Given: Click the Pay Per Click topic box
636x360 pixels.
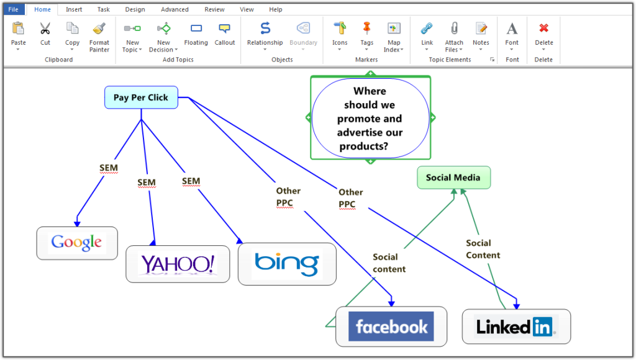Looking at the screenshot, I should [x=141, y=97].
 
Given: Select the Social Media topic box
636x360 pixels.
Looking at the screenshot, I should [x=453, y=178].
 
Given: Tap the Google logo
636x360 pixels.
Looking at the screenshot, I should [x=77, y=242].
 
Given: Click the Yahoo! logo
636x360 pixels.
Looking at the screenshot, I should [x=178, y=264].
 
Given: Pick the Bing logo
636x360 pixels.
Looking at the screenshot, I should [x=286, y=264].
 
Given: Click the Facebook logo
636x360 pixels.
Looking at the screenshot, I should [x=391, y=326].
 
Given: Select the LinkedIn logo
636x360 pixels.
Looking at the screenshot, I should [x=516, y=326].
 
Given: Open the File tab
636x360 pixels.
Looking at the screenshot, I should [x=13, y=9].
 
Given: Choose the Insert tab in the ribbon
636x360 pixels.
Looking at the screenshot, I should [x=74, y=9].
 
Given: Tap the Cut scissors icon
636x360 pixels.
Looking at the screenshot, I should [x=45, y=29].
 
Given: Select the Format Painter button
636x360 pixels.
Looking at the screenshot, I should [x=99, y=29].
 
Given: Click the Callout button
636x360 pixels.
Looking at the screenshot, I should [x=225, y=29].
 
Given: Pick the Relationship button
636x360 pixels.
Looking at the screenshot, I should [x=265, y=29].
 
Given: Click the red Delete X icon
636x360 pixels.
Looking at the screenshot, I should [x=544, y=29].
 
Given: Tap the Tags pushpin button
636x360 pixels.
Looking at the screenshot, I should [x=366, y=29].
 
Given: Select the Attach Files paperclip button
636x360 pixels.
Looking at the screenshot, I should [x=454, y=29].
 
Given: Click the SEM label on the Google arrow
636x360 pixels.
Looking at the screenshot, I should [x=109, y=168].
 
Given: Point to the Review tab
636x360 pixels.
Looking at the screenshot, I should [x=215, y=9].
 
